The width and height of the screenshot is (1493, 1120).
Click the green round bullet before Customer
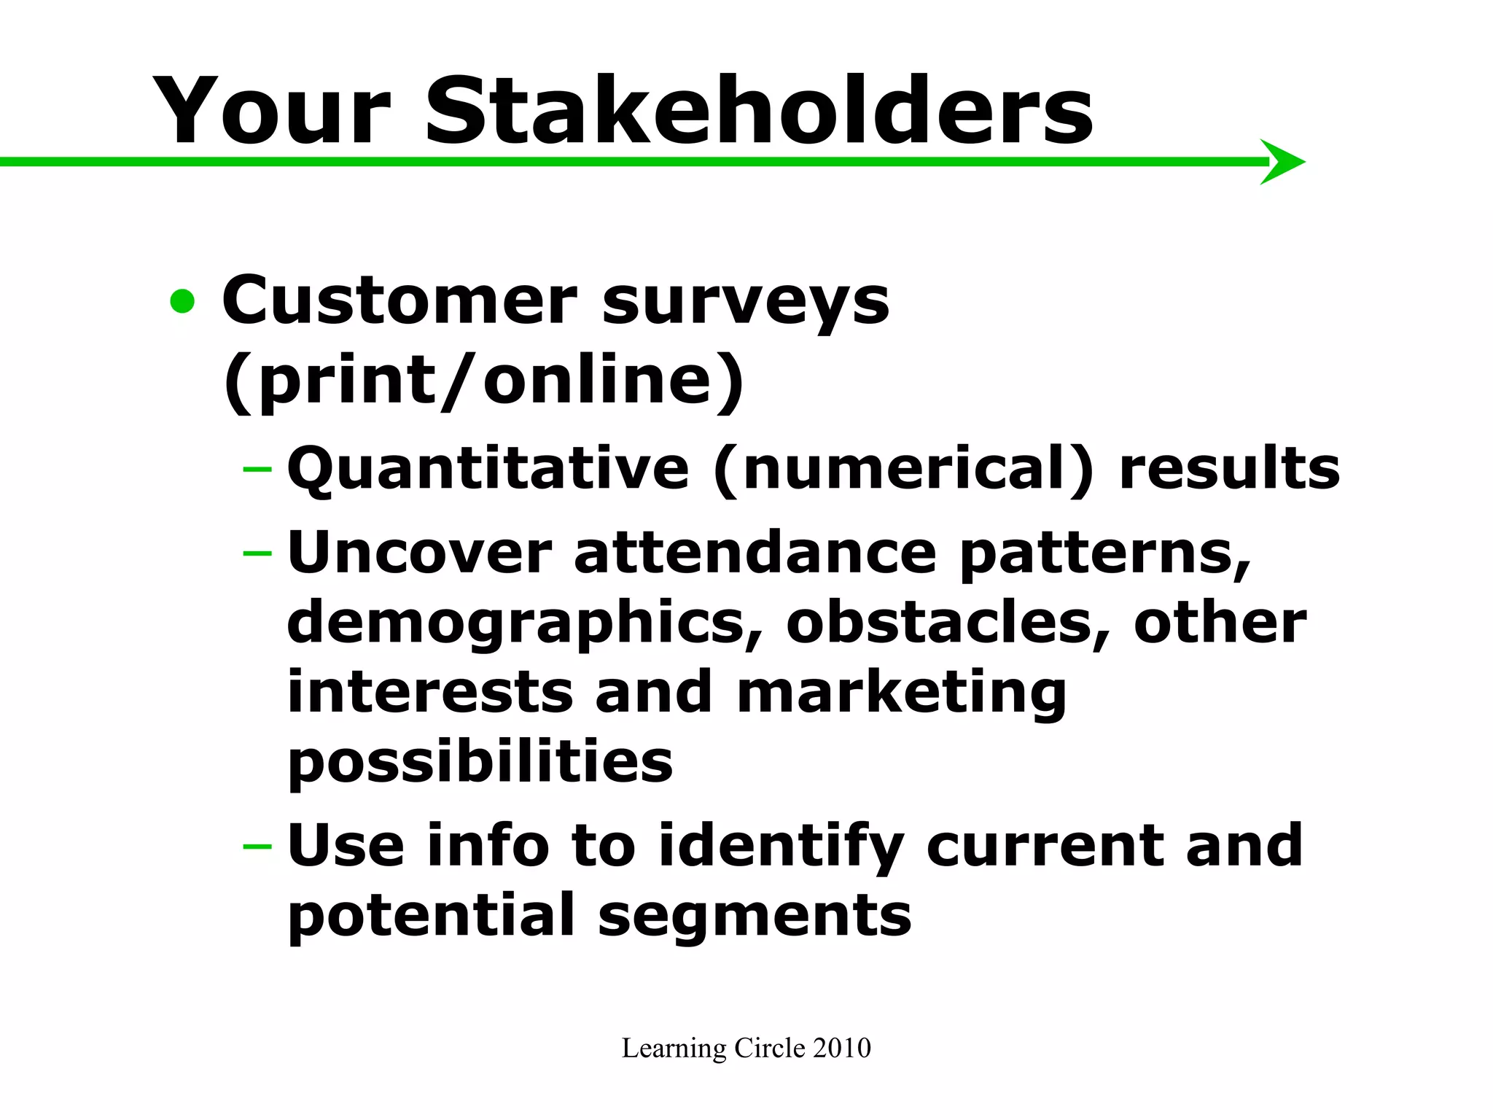coord(182,301)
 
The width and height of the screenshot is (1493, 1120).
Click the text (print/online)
coord(483,381)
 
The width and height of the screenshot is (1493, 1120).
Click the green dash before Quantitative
coord(257,467)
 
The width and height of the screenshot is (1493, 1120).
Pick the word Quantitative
coord(488,469)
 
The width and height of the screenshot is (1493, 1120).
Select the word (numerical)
coord(904,469)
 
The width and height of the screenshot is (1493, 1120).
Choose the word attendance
coord(755,552)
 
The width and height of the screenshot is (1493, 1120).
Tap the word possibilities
coord(480,763)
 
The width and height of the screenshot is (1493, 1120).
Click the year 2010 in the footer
coord(841,1048)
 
